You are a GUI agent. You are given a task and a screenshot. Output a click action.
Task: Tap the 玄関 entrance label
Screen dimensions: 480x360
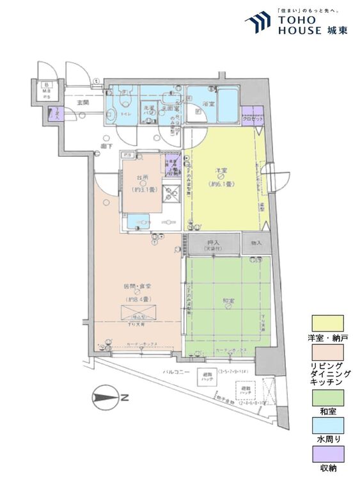coord(83,103)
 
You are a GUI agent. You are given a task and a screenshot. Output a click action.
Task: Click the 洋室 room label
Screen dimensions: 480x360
coord(221,170)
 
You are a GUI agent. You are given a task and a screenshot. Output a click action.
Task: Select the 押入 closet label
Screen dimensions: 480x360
coord(213,243)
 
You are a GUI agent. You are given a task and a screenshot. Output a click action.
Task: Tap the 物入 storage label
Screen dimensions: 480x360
coord(256,244)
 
